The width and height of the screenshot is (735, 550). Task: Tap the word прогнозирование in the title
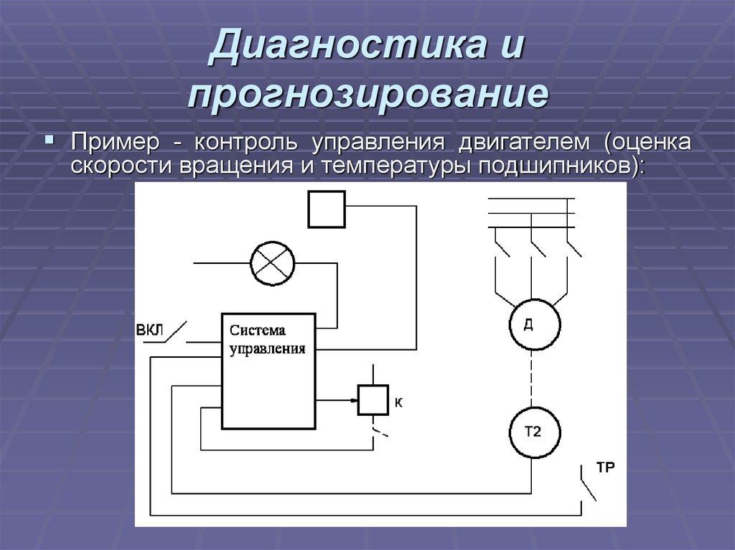pyautogui.click(x=368, y=95)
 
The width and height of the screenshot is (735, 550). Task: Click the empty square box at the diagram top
pyautogui.click(x=327, y=209)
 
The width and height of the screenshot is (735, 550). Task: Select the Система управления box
pyautogui.click(x=268, y=371)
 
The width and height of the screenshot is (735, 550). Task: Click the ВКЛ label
pyautogui.click(x=149, y=330)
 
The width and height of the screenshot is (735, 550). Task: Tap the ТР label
pyautogui.click(x=605, y=468)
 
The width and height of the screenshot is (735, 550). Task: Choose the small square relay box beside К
pyautogui.click(x=373, y=399)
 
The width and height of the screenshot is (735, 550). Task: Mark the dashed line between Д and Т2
pyautogui.click(x=533, y=378)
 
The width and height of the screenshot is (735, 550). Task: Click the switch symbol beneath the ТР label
pyautogui.click(x=586, y=488)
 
